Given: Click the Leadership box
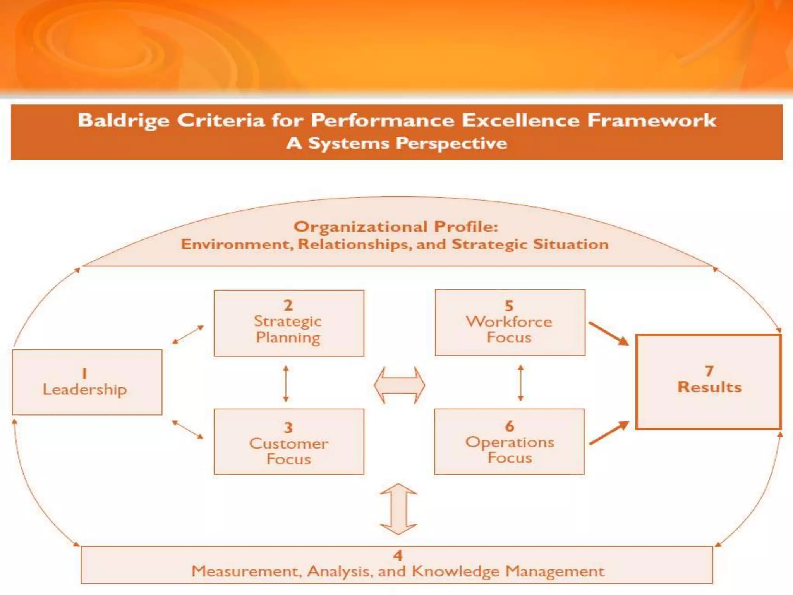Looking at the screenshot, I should pyautogui.click(x=87, y=382).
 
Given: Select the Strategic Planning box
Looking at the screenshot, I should pyautogui.click(x=289, y=323).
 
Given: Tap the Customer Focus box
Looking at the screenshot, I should pyautogui.click(x=289, y=442).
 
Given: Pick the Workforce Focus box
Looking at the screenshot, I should pyautogui.click(x=510, y=322).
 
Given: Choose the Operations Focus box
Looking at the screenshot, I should pyautogui.click(x=509, y=442).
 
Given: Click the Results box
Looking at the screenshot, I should pyautogui.click(x=709, y=382).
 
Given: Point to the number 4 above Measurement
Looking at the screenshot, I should pyautogui.click(x=398, y=555).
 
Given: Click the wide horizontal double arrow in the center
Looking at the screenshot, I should pyautogui.click(x=399, y=385).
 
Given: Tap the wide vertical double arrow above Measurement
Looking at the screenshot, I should pyautogui.click(x=398, y=509).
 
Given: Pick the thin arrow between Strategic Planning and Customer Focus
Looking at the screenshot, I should pyautogui.click(x=286, y=383).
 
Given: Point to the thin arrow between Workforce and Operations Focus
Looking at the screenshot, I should pyautogui.click(x=520, y=383).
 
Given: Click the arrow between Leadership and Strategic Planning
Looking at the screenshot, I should pyautogui.click(x=188, y=335).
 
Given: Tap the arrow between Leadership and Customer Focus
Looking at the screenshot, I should pyautogui.click(x=187, y=430).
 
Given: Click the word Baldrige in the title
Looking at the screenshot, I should pyautogui.click(x=124, y=120).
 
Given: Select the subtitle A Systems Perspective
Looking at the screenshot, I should pyautogui.click(x=396, y=143).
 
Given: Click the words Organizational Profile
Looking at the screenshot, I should pyautogui.click(x=395, y=227).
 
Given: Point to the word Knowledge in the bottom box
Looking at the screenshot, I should pyautogui.click(x=455, y=571).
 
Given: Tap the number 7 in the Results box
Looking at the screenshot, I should pyautogui.click(x=709, y=371).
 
